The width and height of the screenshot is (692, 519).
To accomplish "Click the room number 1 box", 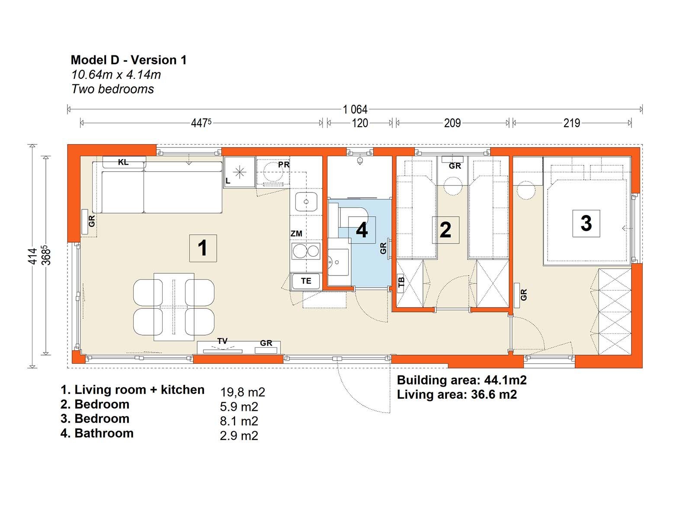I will coord(203,248).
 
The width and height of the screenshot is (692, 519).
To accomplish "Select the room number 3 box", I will coord(586,223).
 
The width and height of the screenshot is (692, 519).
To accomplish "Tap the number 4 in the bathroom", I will coord(362,230).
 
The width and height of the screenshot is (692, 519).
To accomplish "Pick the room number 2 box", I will coord(445,230).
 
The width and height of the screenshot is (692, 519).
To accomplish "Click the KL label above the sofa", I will coord(123,162).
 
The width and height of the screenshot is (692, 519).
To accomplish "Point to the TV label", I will coord(222,341).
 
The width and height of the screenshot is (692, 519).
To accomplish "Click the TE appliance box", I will coord(306,281).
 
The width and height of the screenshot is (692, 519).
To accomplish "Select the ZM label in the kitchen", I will coord(296,234).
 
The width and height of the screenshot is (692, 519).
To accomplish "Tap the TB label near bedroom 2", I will coord(401,282).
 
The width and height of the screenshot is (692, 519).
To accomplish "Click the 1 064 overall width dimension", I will coord(355,109).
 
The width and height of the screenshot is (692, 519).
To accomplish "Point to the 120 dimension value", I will coord(360,123).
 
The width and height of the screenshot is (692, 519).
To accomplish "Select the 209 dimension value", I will coord(452,123).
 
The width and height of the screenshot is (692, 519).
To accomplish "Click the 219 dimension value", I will coord(571,123).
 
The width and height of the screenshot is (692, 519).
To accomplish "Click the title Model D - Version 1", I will coord(129,60).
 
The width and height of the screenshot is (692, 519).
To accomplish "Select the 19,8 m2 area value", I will coord(242,392).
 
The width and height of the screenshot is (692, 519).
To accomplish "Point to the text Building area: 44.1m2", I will coord(461,380).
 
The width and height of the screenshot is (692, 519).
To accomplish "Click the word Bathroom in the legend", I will coord(104,433).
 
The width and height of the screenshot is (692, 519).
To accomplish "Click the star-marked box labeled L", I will coord(239,172).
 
